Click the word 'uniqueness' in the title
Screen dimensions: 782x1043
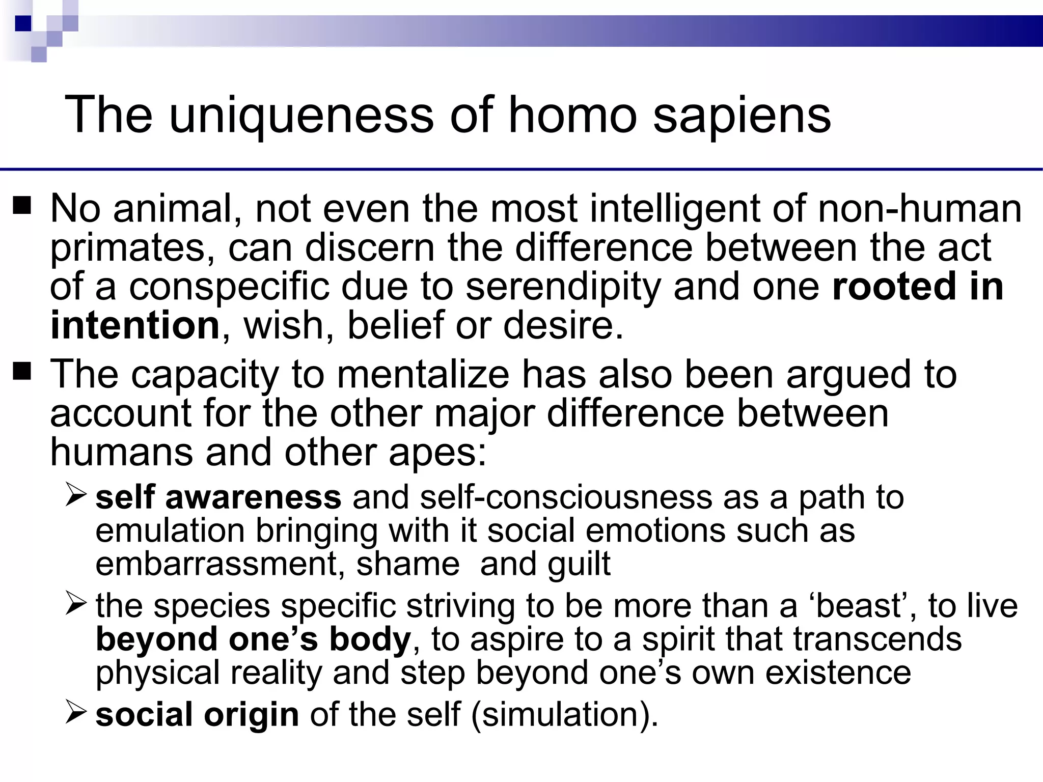tap(301, 115)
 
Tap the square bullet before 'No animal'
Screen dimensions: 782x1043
tap(23, 206)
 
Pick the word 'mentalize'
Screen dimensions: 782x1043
tap(423, 374)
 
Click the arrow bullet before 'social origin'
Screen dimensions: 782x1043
tap(77, 712)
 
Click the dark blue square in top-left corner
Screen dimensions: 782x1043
tap(23, 23)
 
